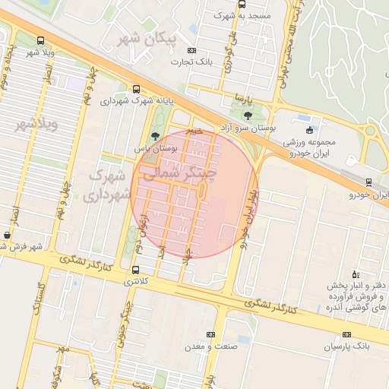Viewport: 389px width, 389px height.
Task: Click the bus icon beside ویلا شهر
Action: click(x=40, y=41)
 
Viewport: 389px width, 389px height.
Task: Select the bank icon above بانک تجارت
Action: click(x=190, y=51)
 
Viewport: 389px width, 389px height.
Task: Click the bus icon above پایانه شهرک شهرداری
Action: click(x=136, y=88)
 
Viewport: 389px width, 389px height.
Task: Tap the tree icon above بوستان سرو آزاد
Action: click(x=248, y=115)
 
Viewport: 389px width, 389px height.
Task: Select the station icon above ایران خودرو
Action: click(x=368, y=182)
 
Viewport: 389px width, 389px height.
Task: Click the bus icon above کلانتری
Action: click(x=135, y=270)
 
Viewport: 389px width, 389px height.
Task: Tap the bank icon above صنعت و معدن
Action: click(x=210, y=334)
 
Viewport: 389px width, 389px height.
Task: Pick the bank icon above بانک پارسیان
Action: click(x=347, y=334)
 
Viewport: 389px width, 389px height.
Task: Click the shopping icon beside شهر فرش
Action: click(x=7, y=236)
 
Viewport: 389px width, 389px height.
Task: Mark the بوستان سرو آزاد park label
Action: click(x=252, y=128)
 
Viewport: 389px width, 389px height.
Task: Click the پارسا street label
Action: click(x=242, y=99)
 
